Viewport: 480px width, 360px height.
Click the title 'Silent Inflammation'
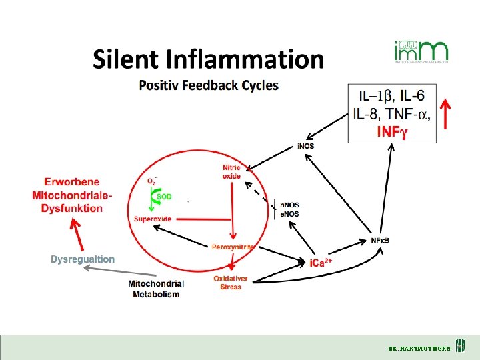point(208,59)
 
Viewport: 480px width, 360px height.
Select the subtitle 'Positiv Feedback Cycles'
point(209,85)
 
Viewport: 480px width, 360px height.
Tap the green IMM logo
point(421,52)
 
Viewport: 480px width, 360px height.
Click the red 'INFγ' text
point(391,132)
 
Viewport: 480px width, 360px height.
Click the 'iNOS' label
point(306,145)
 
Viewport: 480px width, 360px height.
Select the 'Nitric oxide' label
point(231,171)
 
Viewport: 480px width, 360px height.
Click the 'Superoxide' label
point(153,219)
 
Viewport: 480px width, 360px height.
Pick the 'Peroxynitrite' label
point(233,247)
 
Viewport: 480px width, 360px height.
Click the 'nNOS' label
point(289,205)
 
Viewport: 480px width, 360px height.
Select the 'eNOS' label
point(289,213)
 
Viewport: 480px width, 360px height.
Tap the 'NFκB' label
point(379,240)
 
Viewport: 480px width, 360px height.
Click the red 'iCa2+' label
point(321,263)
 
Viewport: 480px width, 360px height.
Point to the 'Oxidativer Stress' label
point(231,282)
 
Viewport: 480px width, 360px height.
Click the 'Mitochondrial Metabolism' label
point(156,289)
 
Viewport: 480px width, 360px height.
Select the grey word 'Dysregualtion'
point(83,259)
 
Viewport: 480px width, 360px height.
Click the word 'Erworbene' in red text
point(72,181)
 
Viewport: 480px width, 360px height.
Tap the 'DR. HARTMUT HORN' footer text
point(419,348)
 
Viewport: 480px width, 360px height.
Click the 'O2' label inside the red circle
point(153,181)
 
